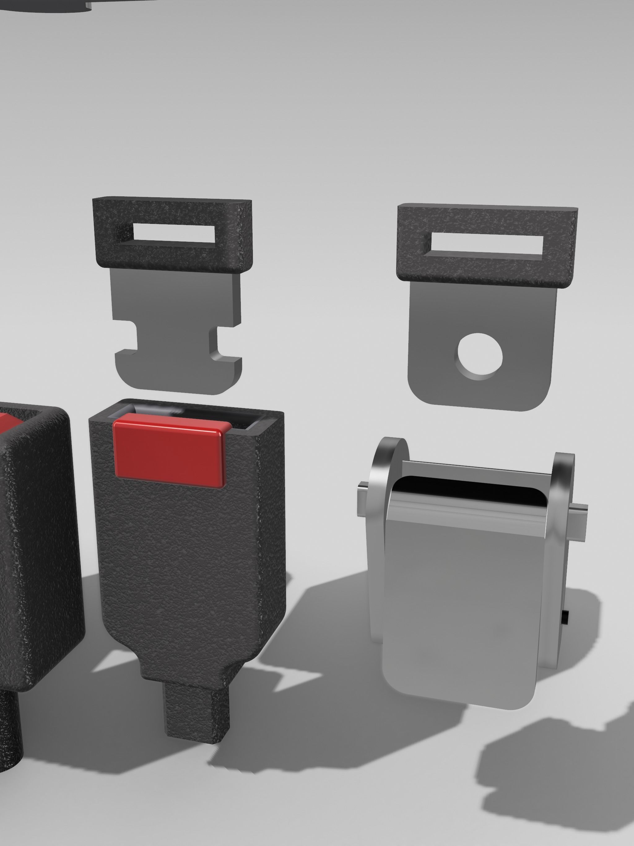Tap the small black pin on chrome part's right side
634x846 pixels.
[x=566, y=617]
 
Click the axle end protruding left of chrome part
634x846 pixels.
[x=362, y=497]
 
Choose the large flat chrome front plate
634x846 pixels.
[x=459, y=604]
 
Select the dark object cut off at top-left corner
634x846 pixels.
[x=46, y=5]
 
